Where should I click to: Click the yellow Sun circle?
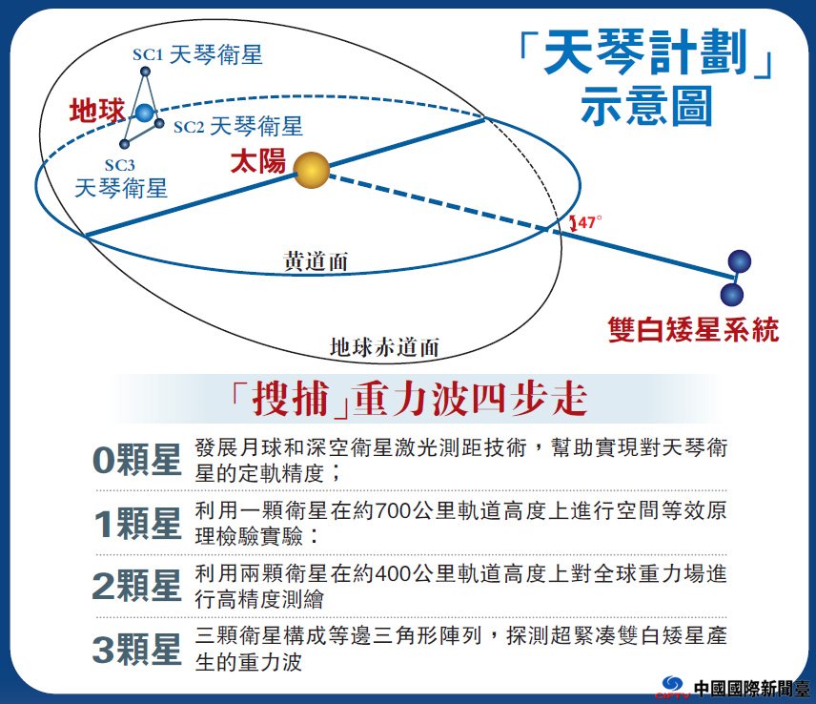pos(311,170)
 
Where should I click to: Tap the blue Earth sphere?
pos(145,113)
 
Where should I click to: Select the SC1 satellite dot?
pos(146,71)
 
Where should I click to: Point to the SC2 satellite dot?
pos(160,123)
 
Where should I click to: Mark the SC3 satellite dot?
pos(124,144)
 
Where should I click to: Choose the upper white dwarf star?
pos(740,261)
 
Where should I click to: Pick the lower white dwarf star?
pos(732,294)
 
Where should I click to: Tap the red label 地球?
pos(97,111)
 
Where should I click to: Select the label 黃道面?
pos(316,260)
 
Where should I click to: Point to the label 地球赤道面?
pos(384,347)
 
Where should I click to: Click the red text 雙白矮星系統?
pos(693,330)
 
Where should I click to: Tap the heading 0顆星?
pos(137,461)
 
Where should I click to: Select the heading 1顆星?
pos(137,524)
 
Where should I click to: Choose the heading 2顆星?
pos(137,586)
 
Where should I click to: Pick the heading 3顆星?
pos(137,650)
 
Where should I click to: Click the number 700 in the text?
pos(393,510)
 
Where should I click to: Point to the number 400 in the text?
pos(393,574)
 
